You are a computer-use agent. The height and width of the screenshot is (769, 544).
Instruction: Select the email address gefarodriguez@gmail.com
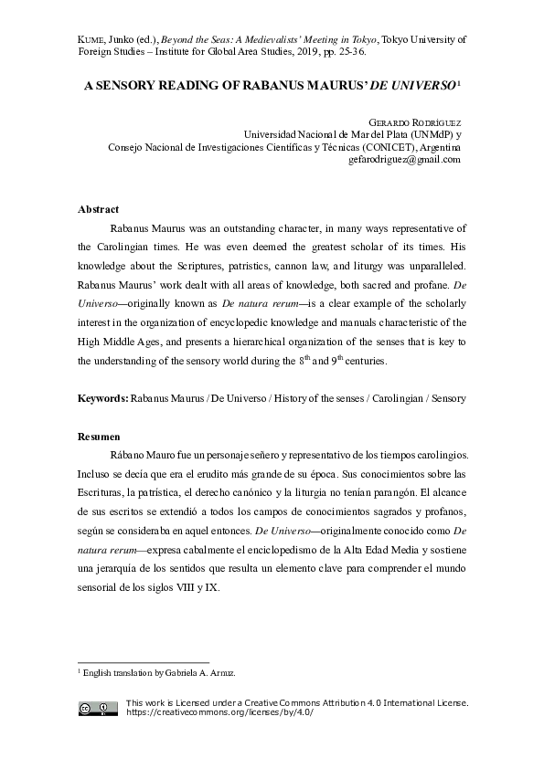(404, 159)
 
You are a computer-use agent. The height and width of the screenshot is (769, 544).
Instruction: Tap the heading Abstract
(98, 209)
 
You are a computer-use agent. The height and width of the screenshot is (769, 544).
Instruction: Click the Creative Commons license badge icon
(97, 708)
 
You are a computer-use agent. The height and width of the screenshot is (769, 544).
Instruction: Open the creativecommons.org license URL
(219, 712)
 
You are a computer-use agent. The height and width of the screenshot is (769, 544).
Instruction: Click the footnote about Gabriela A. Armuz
(156, 673)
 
